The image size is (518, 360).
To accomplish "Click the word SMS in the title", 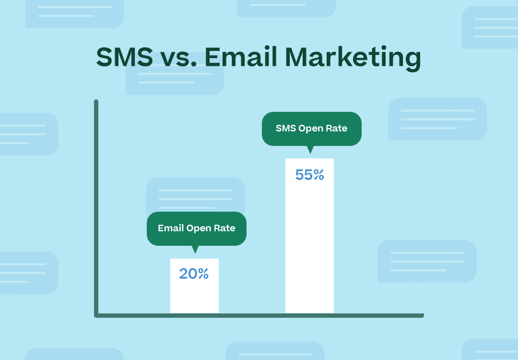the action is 125,57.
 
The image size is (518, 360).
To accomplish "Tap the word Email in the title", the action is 240,57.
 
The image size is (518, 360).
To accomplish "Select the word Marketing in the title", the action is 353,59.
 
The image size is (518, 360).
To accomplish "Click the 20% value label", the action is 194,274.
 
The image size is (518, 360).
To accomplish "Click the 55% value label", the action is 309,175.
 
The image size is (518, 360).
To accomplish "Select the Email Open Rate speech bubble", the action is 197,229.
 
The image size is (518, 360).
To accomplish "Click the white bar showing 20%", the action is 194,286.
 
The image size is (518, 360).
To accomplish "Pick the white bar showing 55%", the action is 309,235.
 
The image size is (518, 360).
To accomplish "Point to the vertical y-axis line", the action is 96,207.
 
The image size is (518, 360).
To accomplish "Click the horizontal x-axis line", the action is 259,315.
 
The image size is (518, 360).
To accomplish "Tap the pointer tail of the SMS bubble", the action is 310,150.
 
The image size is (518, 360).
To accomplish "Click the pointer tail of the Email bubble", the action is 195,250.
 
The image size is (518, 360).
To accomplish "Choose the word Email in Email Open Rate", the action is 171,228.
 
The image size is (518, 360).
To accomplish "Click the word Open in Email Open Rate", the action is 199,229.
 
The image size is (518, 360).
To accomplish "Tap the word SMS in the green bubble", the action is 286,128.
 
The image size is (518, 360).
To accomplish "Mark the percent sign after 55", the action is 319,175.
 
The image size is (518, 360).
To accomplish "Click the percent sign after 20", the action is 203,274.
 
